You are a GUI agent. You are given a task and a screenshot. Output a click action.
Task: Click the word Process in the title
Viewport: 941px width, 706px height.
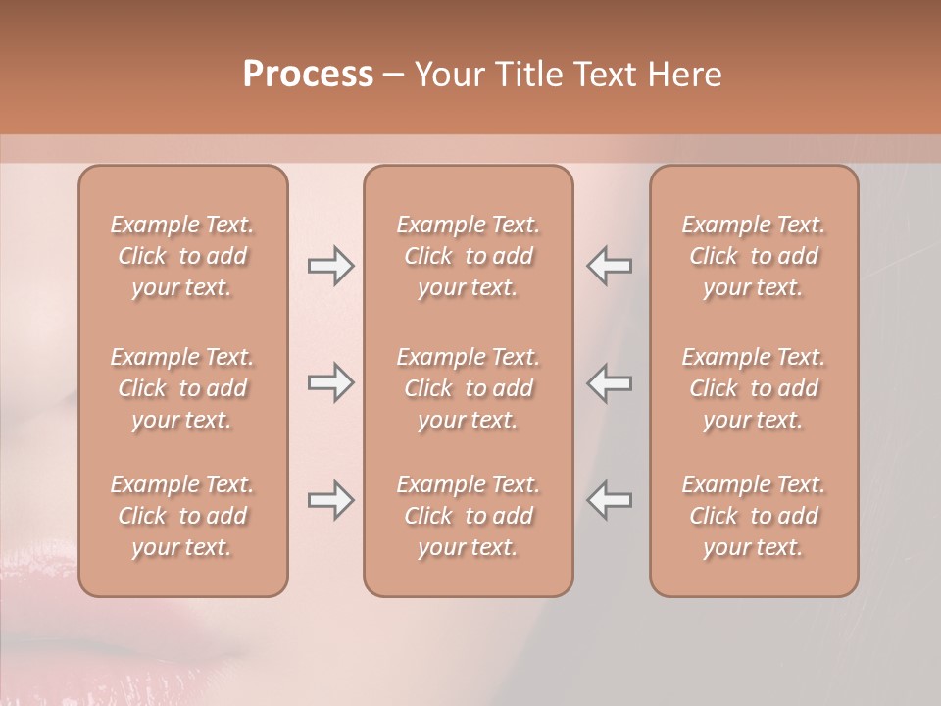(308, 75)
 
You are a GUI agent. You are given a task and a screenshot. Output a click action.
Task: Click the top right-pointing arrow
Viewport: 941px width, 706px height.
(330, 266)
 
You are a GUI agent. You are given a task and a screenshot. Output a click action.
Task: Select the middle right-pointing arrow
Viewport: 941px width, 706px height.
(330, 382)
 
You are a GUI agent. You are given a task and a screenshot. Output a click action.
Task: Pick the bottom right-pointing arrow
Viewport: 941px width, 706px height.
(330, 500)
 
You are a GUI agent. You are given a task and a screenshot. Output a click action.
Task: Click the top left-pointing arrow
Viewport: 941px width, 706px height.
(609, 266)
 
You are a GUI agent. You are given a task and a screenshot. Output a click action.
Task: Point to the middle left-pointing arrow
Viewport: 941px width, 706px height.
(609, 382)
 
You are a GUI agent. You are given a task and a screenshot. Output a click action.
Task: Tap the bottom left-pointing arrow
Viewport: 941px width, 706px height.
(609, 500)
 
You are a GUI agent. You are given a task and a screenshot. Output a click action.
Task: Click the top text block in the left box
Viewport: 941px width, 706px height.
(182, 256)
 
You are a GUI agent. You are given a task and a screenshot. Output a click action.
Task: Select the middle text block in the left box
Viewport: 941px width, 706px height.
(182, 388)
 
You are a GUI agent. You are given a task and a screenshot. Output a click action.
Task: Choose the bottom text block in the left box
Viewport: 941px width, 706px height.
(182, 516)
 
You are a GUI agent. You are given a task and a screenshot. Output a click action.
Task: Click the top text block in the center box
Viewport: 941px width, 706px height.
(469, 256)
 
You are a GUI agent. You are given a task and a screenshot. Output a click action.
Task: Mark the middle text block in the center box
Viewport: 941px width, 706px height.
(469, 388)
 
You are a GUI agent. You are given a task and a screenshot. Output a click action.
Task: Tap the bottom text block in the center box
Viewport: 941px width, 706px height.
(469, 516)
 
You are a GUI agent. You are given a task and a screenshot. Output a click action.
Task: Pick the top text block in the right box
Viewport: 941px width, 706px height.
(754, 256)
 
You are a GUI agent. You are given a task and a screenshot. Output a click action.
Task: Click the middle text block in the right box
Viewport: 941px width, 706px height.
(754, 388)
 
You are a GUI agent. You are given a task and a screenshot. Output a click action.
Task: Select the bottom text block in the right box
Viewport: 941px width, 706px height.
(754, 516)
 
